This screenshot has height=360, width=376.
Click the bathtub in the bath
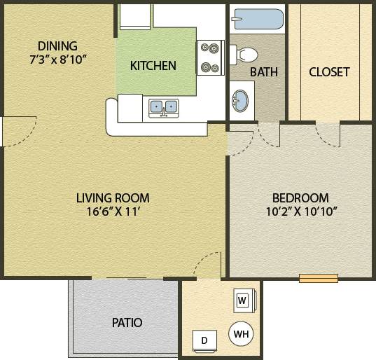[x=257, y=18]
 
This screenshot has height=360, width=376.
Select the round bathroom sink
[x=239, y=99]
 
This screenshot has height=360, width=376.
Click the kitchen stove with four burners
[x=209, y=58]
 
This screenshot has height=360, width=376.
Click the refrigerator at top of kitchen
[x=135, y=17]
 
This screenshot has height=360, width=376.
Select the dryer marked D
[x=204, y=341]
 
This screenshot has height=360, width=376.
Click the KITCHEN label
[x=153, y=67]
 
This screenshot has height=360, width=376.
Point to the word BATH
[x=263, y=71]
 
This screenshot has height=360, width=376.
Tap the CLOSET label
[x=329, y=71]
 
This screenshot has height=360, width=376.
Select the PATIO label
[x=127, y=323]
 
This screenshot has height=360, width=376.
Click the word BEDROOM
[x=300, y=198]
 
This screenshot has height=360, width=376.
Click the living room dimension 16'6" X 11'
[x=113, y=212]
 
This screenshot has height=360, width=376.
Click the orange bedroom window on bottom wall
[x=319, y=278]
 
